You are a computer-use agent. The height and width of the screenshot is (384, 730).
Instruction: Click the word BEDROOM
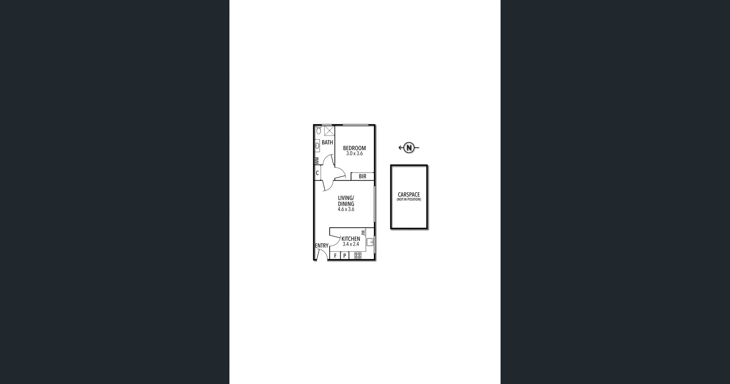(354, 148)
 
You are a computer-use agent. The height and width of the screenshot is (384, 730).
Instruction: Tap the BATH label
(327, 143)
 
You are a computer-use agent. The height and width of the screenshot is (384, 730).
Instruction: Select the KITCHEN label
(351, 239)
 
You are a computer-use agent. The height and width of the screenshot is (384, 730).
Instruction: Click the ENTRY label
(322, 246)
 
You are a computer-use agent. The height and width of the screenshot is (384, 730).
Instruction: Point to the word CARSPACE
(409, 194)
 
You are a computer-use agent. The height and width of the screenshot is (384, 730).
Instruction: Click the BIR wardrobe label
(362, 176)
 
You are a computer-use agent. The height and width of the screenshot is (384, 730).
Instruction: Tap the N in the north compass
(409, 148)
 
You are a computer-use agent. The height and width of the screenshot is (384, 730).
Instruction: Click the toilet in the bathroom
(319, 130)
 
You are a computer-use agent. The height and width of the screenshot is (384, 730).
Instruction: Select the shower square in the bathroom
(329, 130)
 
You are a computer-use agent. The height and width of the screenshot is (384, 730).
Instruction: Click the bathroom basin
(317, 145)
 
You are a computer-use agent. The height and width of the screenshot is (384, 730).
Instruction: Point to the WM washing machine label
(317, 161)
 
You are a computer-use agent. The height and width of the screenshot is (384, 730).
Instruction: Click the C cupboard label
(317, 173)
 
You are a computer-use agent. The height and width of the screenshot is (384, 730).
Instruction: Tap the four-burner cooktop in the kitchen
(357, 255)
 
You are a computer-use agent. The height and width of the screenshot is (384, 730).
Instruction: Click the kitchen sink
(370, 242)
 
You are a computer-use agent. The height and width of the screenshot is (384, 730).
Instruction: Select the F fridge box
(335, 256)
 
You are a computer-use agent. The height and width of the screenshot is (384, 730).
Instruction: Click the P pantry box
(344, 256)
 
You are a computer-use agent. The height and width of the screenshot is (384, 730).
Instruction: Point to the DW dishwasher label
(363, 232)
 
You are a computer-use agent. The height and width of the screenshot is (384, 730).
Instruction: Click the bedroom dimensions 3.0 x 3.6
(354, 154)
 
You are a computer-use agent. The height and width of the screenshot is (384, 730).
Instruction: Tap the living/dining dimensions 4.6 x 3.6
(346, 209)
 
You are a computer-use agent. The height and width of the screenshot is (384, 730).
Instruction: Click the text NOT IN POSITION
(409, 200)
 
